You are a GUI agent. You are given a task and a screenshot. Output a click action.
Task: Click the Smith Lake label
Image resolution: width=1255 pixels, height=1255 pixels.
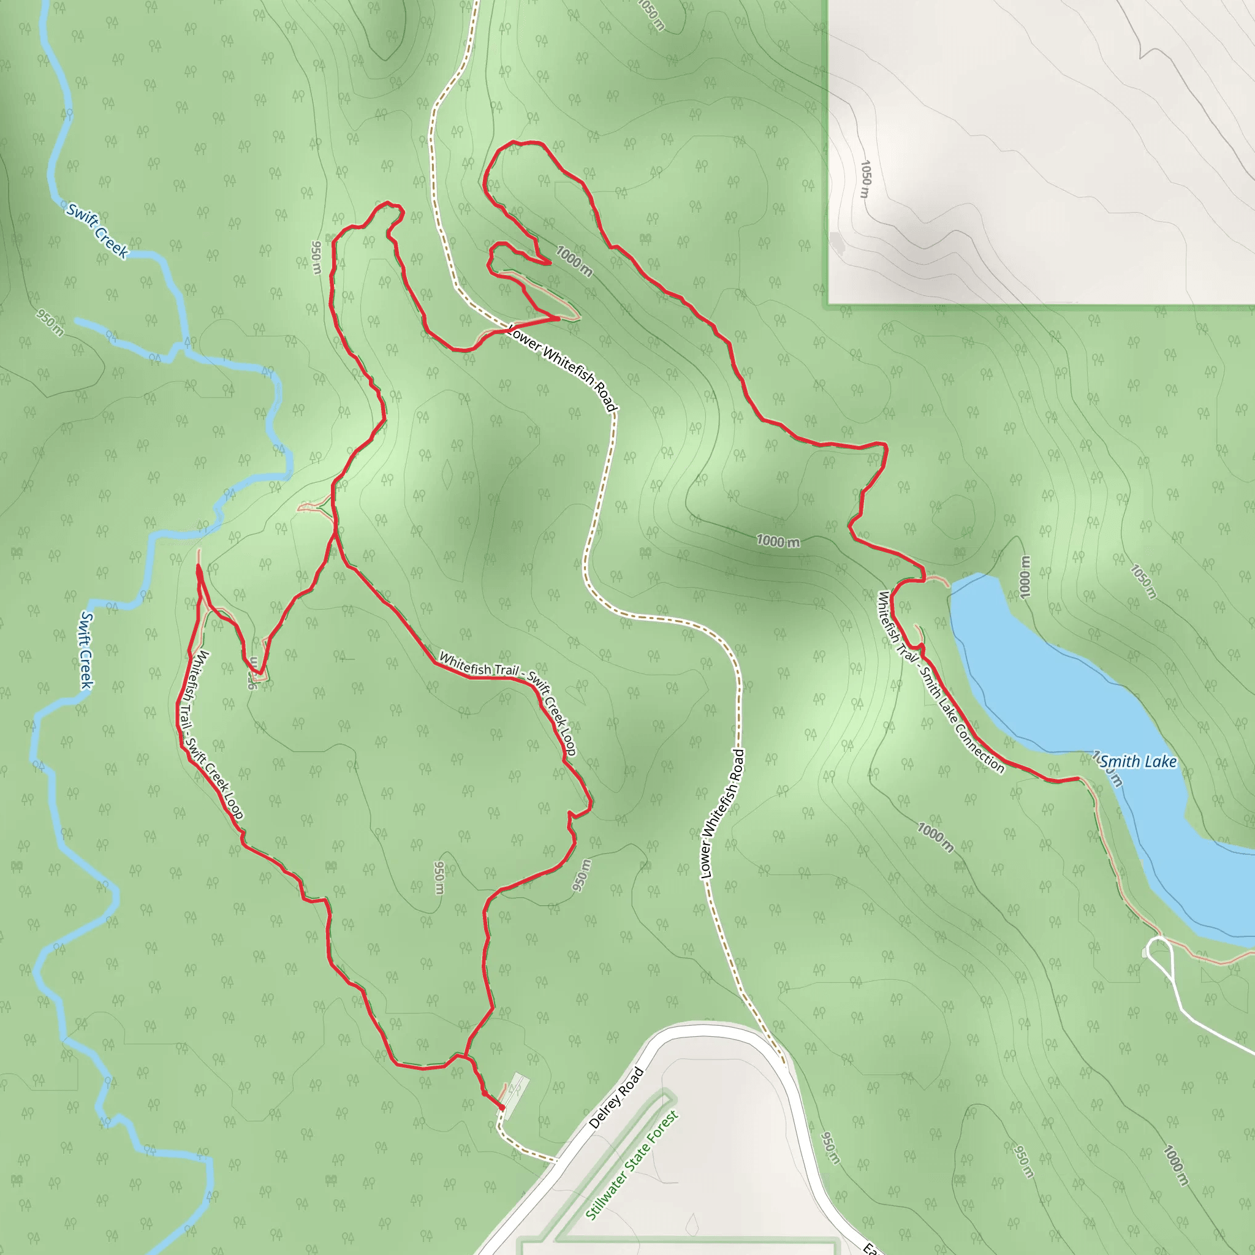click(1138, 761)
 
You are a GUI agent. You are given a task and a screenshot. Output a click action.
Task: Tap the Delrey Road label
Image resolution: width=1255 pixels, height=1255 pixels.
click(616, 1098)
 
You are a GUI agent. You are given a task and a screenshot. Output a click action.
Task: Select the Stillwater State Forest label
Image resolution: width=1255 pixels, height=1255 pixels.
click(631, 1165)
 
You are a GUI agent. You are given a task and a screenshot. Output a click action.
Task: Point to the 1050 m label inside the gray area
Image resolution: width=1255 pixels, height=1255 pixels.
click(865, 180)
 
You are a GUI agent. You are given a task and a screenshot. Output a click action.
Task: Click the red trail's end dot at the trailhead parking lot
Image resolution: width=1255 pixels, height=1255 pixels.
click(502, 1107)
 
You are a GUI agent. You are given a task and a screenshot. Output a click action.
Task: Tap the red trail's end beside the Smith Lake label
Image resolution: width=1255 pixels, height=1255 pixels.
click(1079, 778)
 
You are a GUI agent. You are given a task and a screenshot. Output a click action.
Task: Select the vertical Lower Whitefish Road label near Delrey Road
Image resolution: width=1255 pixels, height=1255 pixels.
click(722, 814)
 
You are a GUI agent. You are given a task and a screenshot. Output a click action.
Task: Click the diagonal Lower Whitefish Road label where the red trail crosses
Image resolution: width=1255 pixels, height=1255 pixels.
click(562, 367)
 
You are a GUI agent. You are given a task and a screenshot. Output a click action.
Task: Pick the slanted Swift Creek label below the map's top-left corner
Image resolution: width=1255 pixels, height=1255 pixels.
click(97, 230)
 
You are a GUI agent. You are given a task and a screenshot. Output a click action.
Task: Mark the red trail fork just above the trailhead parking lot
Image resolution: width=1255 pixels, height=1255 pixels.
click(465, 1057)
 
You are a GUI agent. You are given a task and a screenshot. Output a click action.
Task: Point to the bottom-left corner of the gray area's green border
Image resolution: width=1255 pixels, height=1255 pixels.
click(828, 304)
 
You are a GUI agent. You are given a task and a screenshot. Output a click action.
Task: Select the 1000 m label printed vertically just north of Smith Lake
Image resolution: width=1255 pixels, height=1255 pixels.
click(1025, 577)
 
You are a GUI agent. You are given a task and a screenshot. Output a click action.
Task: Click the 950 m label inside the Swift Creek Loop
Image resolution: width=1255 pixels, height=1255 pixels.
click(440, 877)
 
